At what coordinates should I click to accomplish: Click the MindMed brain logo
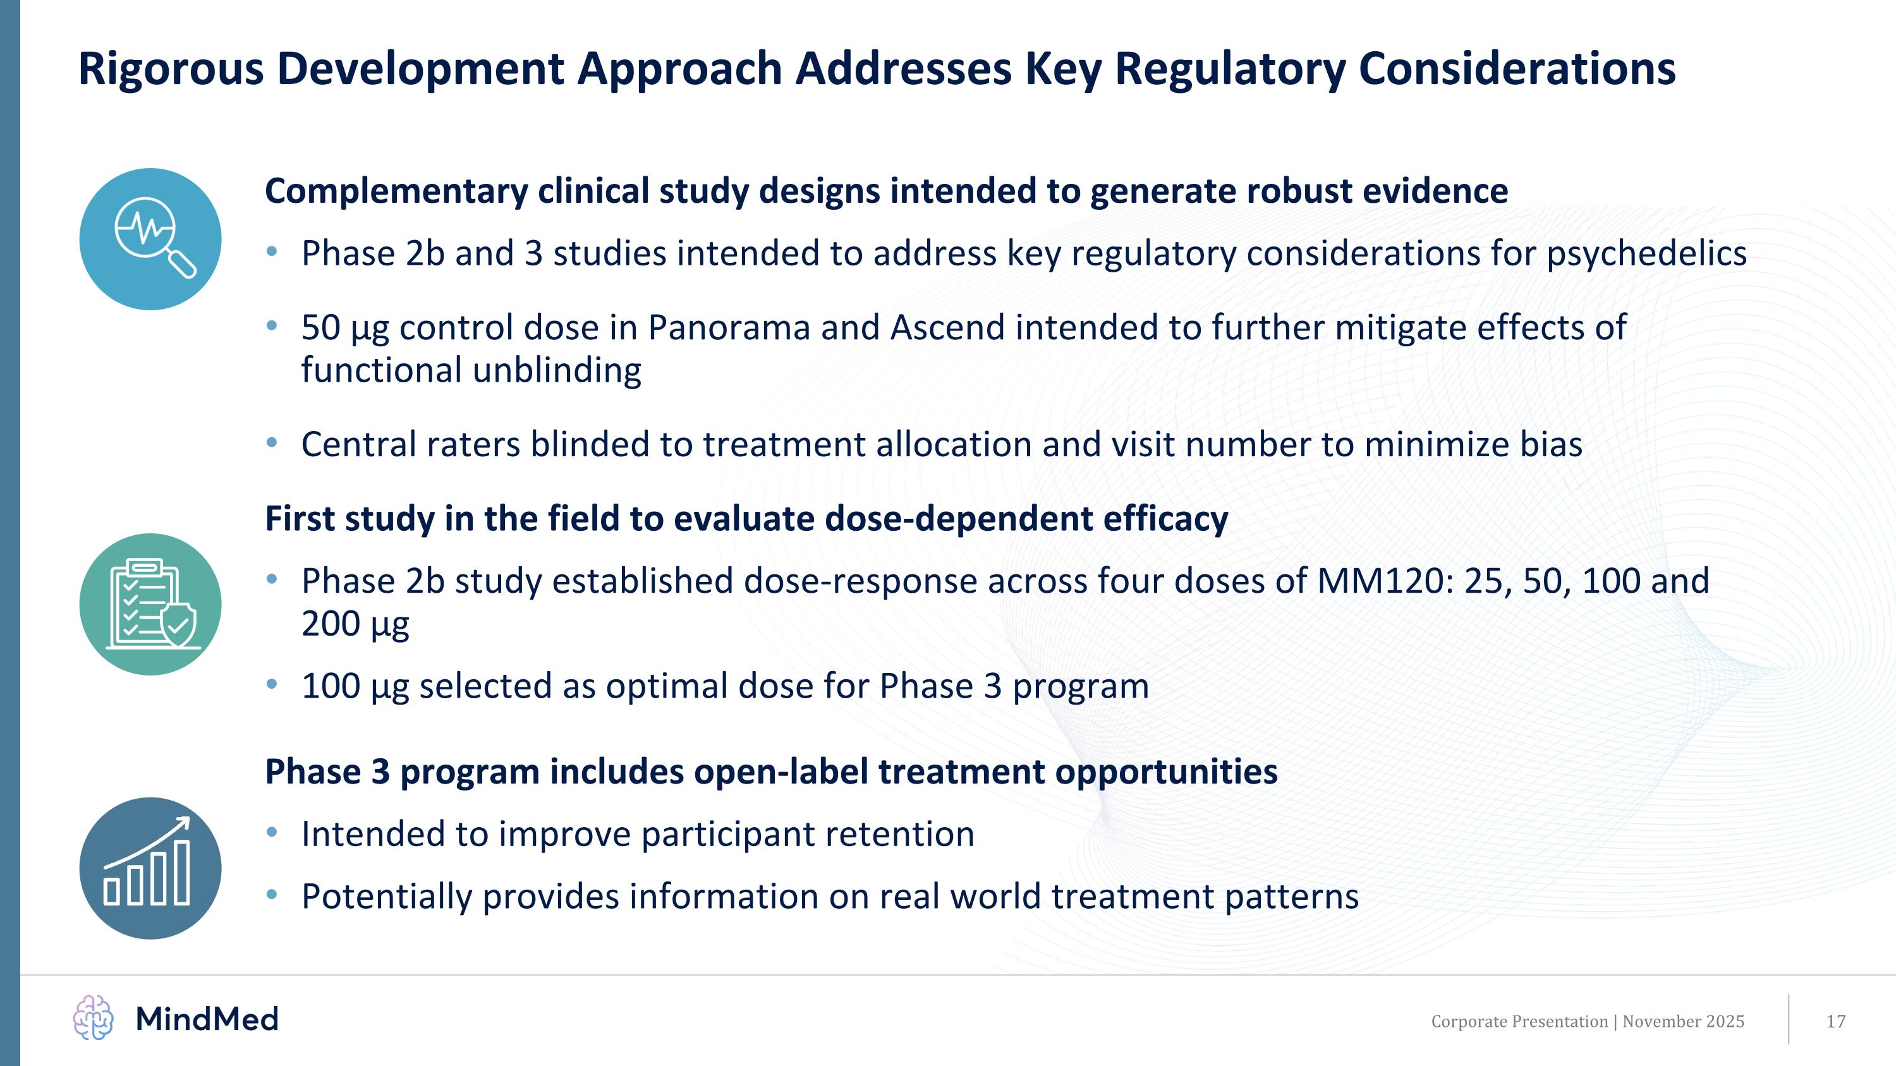tap(94, 1018)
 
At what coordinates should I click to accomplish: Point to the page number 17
tap(1836, 1021)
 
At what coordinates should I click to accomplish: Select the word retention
tap(900, 834)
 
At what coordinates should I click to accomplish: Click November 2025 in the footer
tap(1683, 1021)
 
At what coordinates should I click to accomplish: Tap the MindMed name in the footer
tap(207, 1019)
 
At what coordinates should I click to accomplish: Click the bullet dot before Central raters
tap(272, 443)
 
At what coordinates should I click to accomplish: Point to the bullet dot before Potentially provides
tap(272, 895)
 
